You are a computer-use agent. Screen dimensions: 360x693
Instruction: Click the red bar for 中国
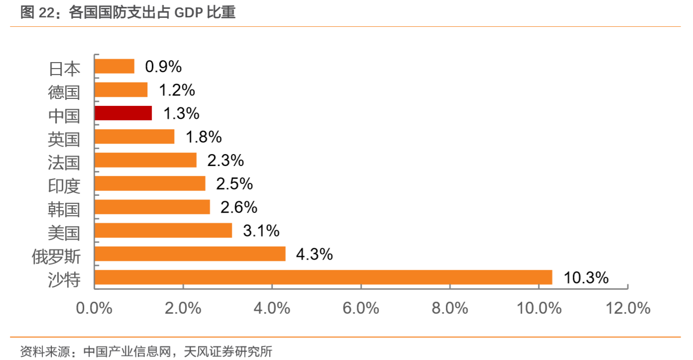pos(123,113)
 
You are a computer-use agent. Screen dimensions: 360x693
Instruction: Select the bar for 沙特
pos(323,277)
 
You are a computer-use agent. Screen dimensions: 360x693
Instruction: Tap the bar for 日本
pos(114,66)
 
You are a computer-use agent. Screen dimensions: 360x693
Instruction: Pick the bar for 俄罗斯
pos(190,254)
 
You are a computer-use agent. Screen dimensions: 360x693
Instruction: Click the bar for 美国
pos(163,231)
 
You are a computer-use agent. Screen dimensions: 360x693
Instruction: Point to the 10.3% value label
pos(586,277)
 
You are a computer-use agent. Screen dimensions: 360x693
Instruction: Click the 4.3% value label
pos(314,254)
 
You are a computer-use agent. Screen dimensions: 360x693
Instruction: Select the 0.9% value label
pos(163,66)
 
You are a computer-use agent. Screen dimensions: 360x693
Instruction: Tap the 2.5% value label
pos(234,184)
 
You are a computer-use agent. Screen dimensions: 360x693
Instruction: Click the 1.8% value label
pos(203,137)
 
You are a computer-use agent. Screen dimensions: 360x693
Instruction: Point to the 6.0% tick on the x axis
pos(361,308)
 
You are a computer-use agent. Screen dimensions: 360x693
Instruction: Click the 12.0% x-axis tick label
pos(628,308)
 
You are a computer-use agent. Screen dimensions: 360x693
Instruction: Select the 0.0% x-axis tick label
pos(94,308)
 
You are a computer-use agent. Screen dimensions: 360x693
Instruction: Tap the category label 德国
pos(64,91)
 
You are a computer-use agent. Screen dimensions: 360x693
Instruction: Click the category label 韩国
pos(64,209)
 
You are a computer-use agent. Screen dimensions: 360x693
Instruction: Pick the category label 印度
pos(64,185)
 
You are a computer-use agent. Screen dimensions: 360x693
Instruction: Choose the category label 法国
pos(64,162)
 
